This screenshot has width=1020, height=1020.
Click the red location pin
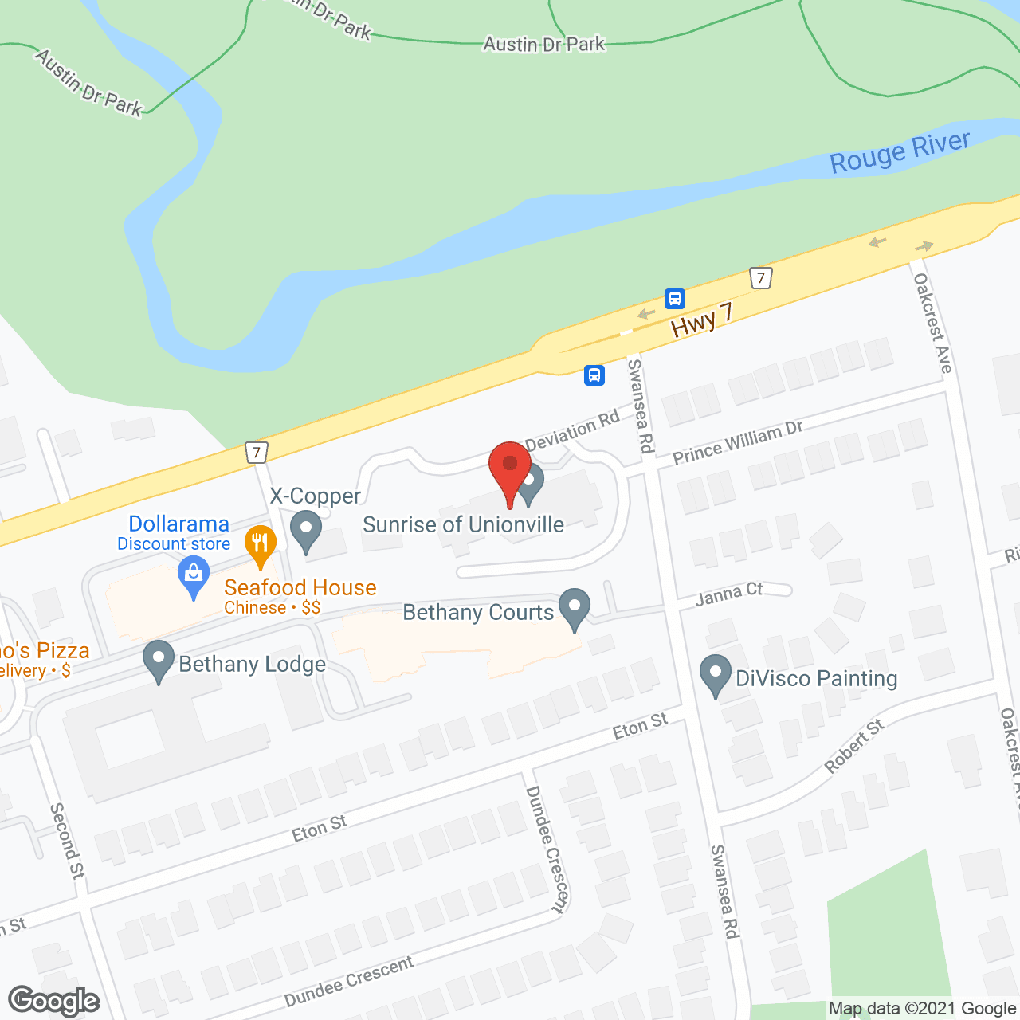point(510,470)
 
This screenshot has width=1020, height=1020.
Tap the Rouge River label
point(900,152)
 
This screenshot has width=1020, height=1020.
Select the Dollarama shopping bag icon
point(194,576)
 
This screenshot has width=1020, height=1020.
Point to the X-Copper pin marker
point(306,532)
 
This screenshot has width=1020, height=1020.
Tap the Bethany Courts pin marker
point(574,609)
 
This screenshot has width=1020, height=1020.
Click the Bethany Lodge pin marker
point(159,661)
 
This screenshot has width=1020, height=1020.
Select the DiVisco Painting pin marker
point(715,675)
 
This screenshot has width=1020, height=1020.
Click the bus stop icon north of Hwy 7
point(675,299)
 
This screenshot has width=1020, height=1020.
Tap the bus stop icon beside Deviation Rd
point(594,375)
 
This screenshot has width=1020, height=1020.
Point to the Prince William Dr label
point(738,442)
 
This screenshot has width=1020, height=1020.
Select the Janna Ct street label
point(729,594)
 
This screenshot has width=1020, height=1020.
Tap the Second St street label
point(67,841)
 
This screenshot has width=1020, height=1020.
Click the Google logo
point(54,1001)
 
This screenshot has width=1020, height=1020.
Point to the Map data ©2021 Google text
point(922,1009)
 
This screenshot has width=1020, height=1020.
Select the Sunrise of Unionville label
point(463,524)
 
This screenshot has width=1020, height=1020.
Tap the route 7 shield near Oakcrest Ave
point(762,278)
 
